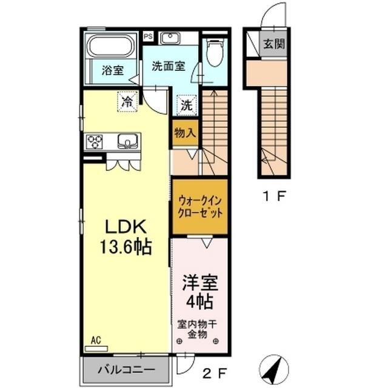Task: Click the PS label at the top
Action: click(148, 36)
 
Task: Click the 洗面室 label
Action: click(168, 65)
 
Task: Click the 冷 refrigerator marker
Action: click(127, 101)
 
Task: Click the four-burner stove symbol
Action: click(95, 141)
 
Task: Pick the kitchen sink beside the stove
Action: click(127, 141)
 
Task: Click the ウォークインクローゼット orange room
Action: click(199, 207)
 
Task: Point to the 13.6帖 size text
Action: click(126, 247)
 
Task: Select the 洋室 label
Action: click(198, 283)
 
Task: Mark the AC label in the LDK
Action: click(95, 341)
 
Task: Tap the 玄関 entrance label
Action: click(274, 44)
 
